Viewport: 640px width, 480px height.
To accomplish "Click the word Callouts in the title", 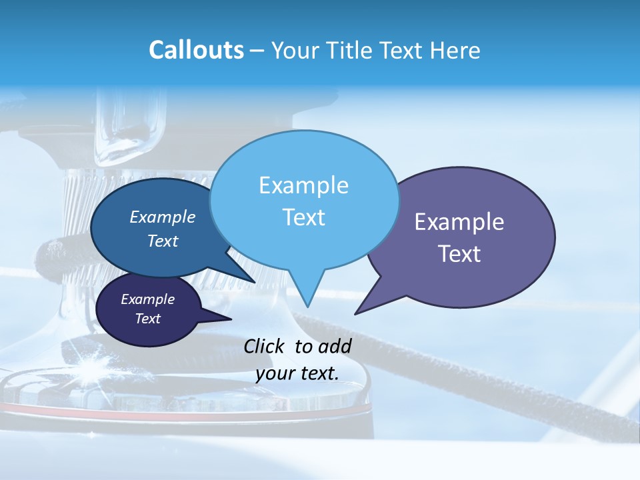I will click(196, 50).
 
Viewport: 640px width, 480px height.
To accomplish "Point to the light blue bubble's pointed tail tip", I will click(309, 306).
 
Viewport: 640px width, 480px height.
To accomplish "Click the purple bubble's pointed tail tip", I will click(355, 313).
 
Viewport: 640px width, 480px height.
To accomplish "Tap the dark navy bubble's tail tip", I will click(231, 319).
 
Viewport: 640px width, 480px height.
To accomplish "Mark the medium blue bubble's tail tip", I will click(255, 283).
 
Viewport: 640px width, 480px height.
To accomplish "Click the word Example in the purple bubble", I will click(459, 222).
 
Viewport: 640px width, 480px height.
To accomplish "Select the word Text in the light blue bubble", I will click(304, 217).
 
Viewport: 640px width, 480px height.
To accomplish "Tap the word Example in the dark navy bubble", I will click(148, 299).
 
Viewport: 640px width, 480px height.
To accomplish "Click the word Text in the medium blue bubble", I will click(163, 241).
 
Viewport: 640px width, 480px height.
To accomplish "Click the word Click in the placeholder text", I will click(265, 346).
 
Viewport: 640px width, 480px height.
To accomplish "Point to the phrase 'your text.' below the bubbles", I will click(297, 373).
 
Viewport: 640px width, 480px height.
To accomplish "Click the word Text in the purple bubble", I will click(459, 254).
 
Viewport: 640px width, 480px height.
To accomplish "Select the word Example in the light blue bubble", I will click(304, 185).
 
